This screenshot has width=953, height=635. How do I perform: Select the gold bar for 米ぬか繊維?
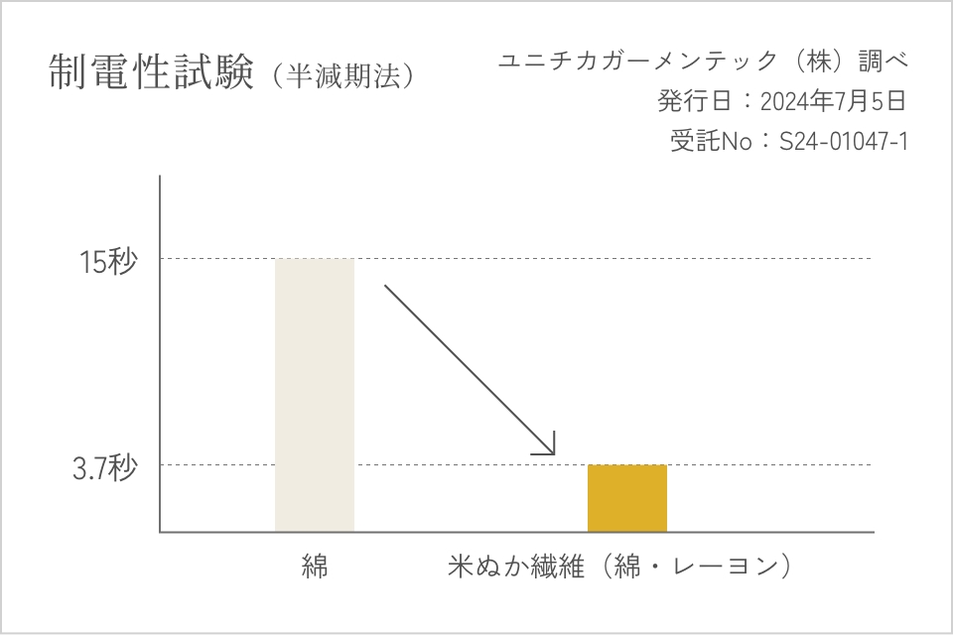tap(626, 498)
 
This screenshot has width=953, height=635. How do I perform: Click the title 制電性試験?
tap(152, 72)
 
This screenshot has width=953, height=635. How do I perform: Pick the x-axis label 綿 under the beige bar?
tap(315, 568)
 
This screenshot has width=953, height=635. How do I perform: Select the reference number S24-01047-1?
tap(843, 142)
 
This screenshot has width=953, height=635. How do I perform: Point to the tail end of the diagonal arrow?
tap(386, 286)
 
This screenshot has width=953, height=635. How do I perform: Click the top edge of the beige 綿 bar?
tap(314, 259)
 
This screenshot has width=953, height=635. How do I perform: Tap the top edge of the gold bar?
tap(626, 465)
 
